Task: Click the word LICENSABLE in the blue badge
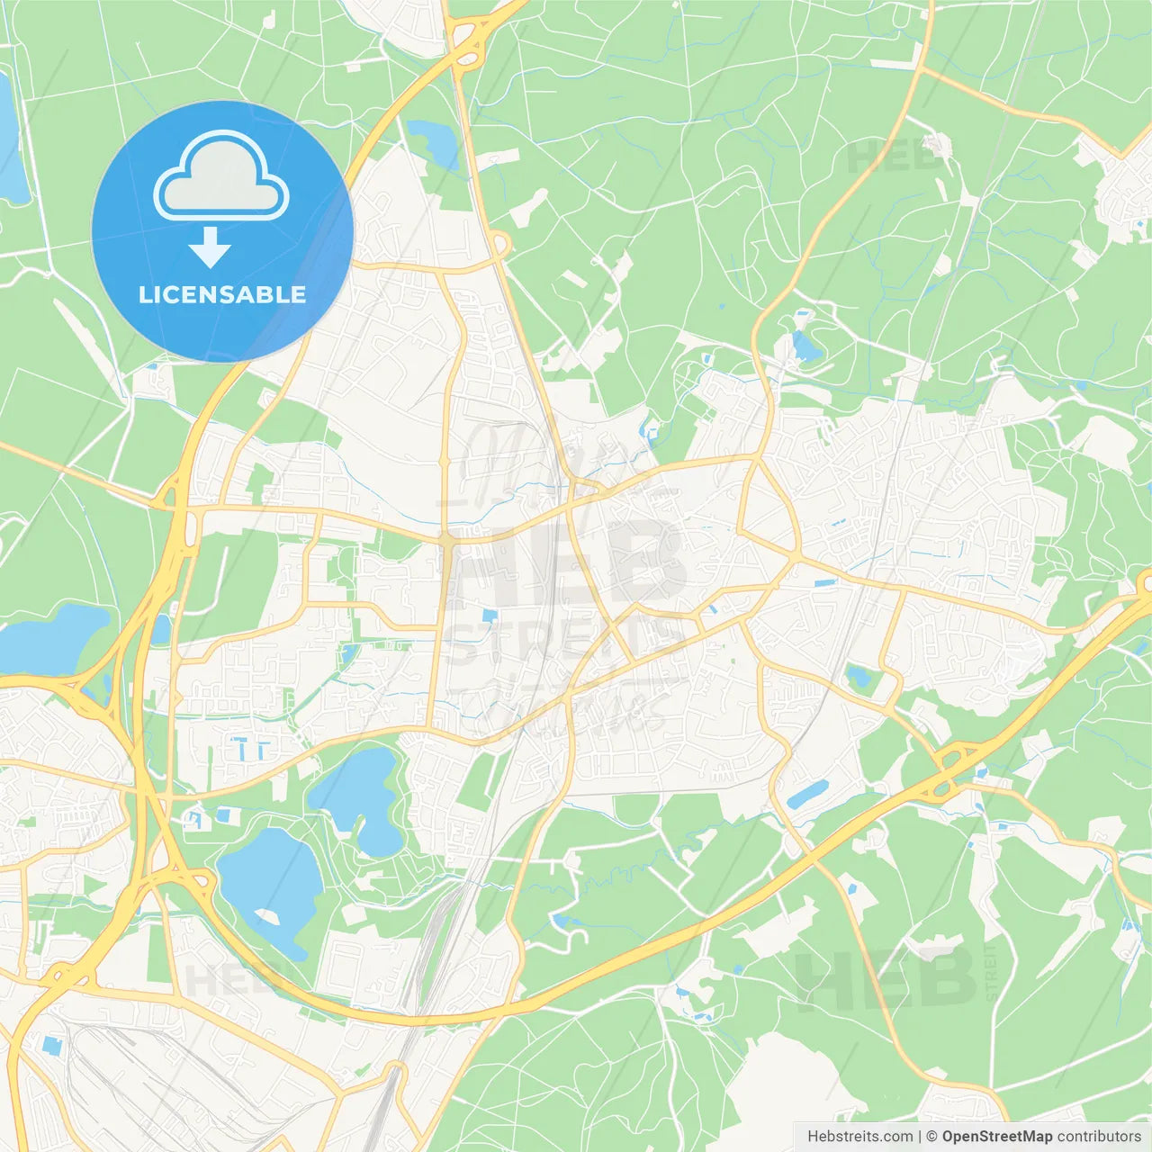pos(222,294)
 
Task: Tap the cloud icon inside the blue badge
pos(221,176)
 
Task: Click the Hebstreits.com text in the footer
pos(859,1137)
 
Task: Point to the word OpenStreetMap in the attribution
pos(996,1137)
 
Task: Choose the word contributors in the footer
pos(1099,1137)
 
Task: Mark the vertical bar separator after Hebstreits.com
pos(919,1137)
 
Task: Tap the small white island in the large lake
pos(267,915)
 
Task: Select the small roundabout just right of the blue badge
pos(500,244)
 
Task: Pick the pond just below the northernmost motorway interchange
pos(435,141)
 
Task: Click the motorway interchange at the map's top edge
pos(467,40)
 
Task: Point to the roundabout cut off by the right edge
pos(1146,583)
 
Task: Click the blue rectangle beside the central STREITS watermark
pos(489,616)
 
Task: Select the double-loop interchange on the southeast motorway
pos(950,769)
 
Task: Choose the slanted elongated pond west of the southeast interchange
pos(807,795)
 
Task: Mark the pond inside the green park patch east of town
pos(859,675)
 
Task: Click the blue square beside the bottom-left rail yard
pos(50,1045)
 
